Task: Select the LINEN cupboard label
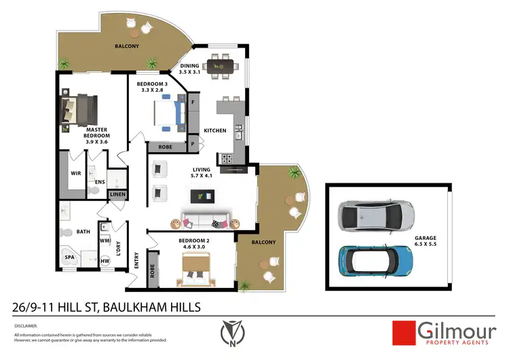[117, 196]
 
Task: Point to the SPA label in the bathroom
[70, 258]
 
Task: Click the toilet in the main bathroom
[67, 233]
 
